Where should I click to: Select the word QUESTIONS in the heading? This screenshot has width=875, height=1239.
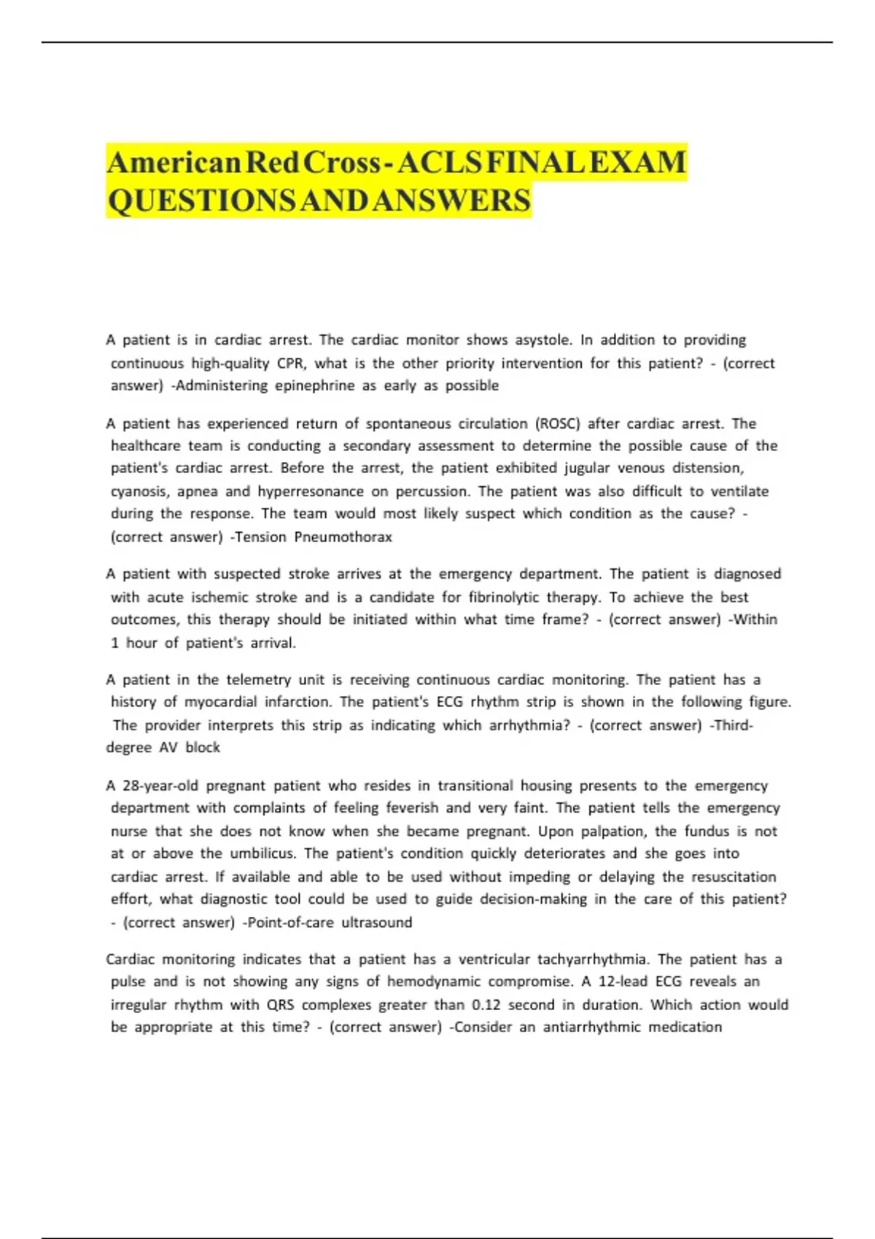(201, 200)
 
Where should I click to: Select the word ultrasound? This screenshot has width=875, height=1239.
(376, 922)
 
